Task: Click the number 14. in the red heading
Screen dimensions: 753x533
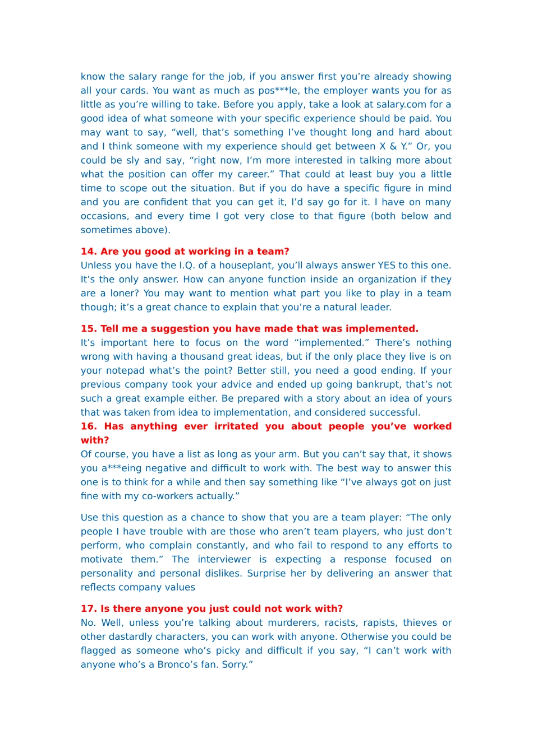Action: (x=89, y=252)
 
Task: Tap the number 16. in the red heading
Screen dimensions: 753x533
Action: (x=89, y=426)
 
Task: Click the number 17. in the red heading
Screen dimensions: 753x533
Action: (x=89, y=609)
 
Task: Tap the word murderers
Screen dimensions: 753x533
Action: (x=293, y=623)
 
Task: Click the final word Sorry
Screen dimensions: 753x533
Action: (x=238, y=665)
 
